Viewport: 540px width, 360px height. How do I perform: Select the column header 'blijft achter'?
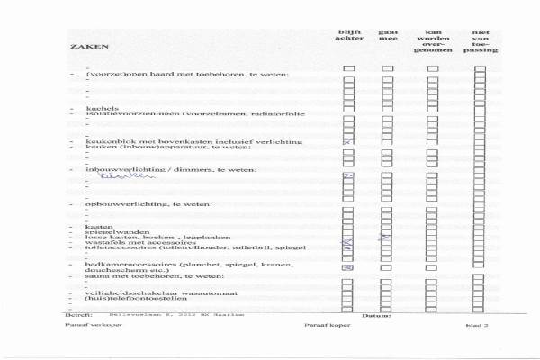pyautogui.click(x=349, y=35)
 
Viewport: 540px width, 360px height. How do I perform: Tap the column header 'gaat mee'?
pyautogui.click(x=388, y=35)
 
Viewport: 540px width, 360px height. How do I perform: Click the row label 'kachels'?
pyautogui.click(x=97, y=108)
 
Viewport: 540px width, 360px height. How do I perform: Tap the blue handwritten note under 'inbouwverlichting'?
pyautogui.click(x=116, y=177)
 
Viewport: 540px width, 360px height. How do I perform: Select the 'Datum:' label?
pyautogui.click(x=374, y=316)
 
